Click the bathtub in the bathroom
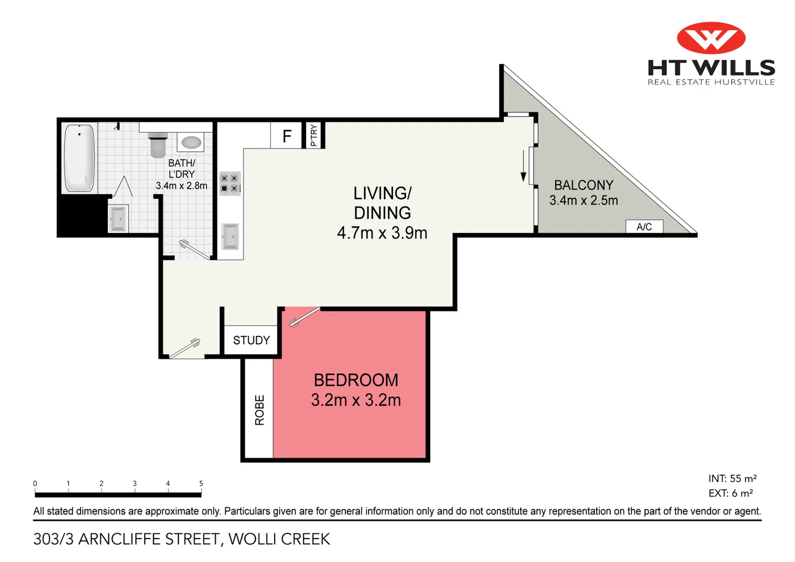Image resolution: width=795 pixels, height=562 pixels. (x=80, y=158)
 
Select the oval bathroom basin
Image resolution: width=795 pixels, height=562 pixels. (x=191, y=142)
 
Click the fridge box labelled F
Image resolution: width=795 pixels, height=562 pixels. (x=286, y=136)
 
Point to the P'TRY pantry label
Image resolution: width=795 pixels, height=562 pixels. (x=314, y=135)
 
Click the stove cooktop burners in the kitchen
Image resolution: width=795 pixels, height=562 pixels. (x=229, y=183)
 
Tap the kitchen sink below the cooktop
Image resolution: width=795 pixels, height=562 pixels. (x=229, y=236)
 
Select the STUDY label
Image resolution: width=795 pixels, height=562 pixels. (x=251, y=340)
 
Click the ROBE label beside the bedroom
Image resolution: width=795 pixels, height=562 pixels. (x=260, y=410)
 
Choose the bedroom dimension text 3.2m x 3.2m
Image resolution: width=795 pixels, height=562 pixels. (x=356, y=400)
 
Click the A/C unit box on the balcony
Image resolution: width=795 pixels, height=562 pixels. (x=644, y=226)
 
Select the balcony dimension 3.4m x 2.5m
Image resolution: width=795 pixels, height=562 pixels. (x=584, y=200)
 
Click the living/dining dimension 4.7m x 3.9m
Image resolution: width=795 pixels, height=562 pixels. (x=382, y=233)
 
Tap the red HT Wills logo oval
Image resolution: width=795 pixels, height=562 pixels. (x=711, y=38)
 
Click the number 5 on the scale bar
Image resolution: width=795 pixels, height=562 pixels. (x=201, y=483)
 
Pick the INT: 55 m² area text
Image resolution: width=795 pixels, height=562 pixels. (x=732, y=478)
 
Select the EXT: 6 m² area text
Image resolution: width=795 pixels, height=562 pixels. (x=730, y=493)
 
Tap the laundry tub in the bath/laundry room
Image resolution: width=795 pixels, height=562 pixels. (x=118, y=219)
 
